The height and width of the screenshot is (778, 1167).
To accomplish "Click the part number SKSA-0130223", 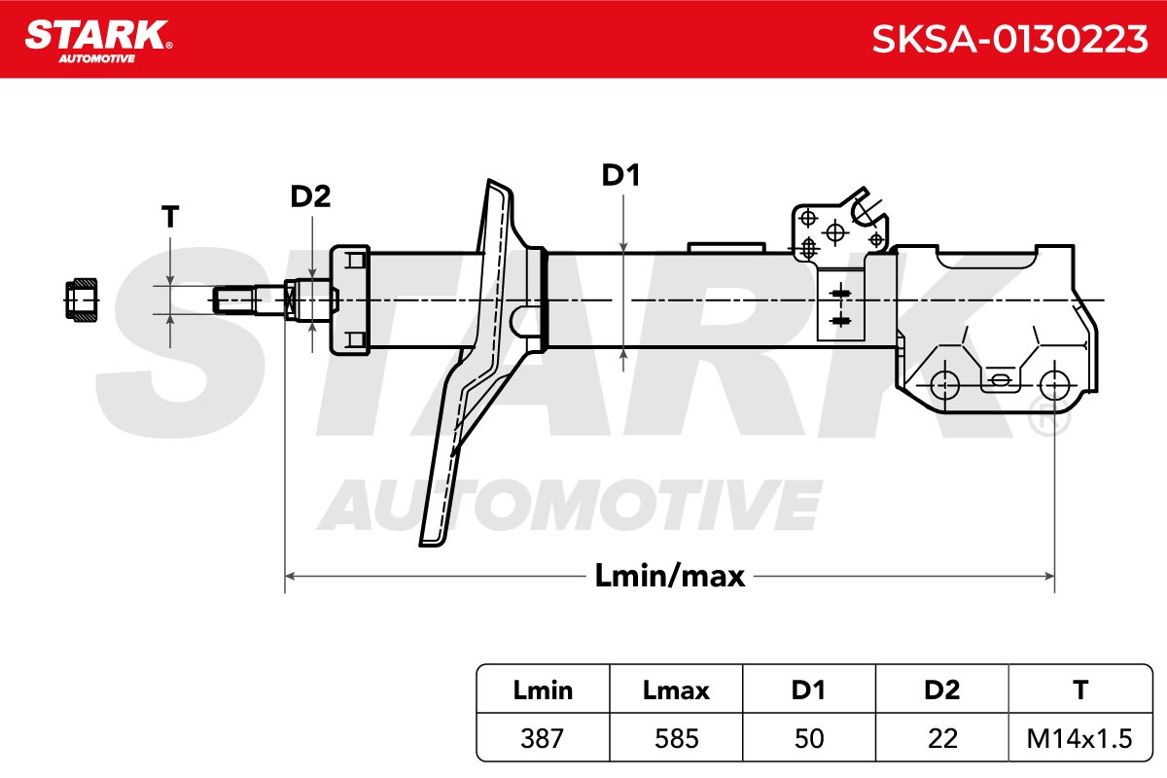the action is [1009, 39].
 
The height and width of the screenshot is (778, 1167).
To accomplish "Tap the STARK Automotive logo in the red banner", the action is [98, 42].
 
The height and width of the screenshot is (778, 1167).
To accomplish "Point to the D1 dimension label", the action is [620, 175].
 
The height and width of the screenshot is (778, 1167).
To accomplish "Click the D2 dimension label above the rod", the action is [310, 196].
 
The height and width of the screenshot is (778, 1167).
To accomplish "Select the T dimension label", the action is [170, 216].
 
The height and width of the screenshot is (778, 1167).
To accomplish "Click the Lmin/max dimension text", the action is [669, 576].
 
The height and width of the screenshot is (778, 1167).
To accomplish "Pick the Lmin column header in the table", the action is [543, 690].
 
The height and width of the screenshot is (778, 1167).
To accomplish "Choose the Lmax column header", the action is [676, 690].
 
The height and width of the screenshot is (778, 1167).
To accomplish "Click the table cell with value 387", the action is [543, 738].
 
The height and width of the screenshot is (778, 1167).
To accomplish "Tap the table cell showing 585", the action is [676, 738].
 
